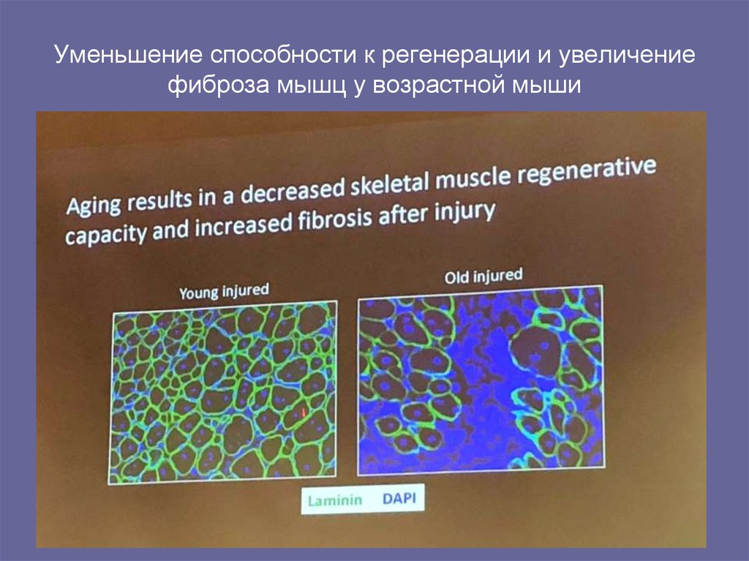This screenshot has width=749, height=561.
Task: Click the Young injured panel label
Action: [x=224, y=291]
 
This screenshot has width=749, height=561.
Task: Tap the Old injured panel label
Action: [x=483, y=276]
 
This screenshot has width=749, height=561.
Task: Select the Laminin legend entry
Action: [x=331, y=501]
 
